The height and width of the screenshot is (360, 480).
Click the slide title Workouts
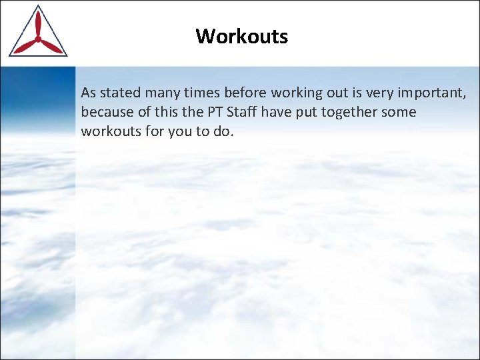242,36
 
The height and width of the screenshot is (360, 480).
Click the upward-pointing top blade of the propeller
37,24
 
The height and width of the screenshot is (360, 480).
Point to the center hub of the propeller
37,39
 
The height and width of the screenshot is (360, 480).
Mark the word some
399,112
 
